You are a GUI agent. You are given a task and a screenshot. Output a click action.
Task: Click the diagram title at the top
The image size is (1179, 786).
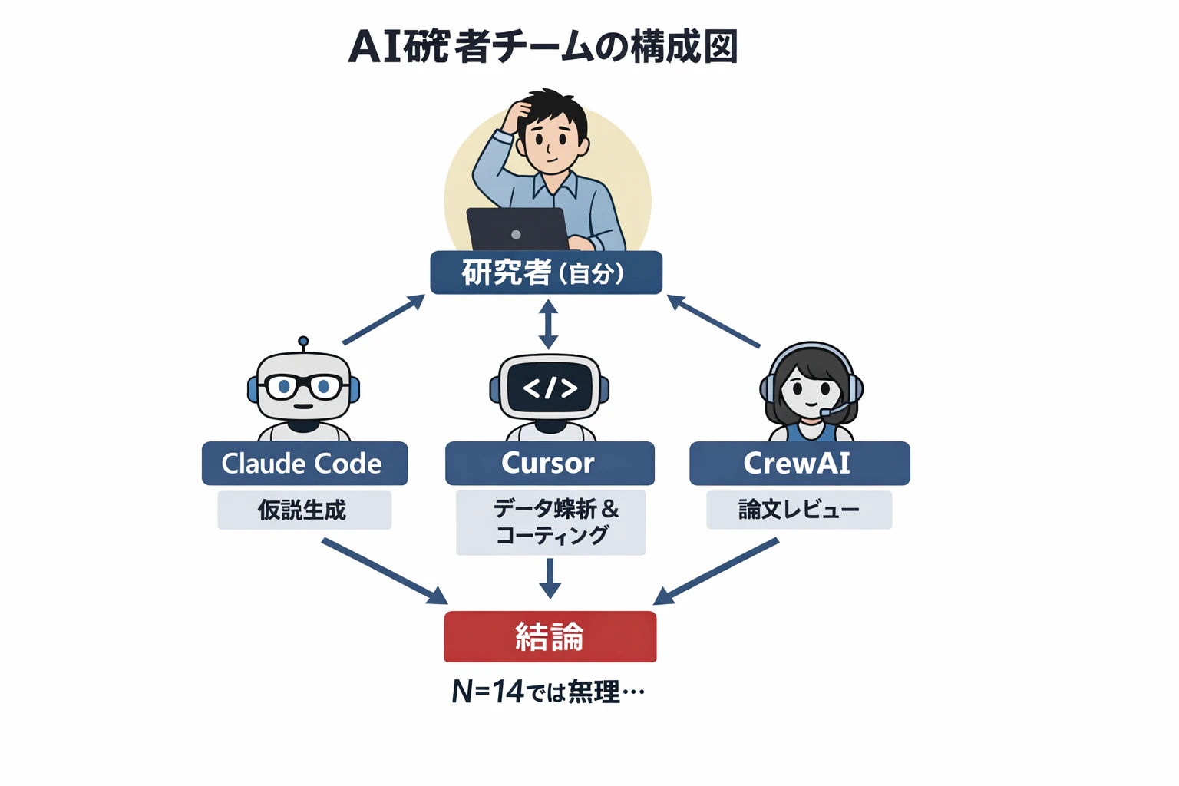pyautogui.click(x=543, y=47)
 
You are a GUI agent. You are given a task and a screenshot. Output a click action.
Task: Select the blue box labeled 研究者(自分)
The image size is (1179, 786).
pyautogui.click(x=546, y=272)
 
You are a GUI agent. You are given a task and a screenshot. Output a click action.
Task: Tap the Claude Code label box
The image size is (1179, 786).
pyautogui.click(x=304, y=464)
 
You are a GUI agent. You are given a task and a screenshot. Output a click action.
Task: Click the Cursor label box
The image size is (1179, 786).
pyautogui.click(x=550, y=464)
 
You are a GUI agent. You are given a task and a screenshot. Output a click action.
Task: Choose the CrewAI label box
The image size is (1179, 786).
pyautogui.click(x=799, y=464)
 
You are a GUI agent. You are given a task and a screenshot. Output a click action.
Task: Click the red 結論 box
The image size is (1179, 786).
pyautogui.click(x=550, y=636)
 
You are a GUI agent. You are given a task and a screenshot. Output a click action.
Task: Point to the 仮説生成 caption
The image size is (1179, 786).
pyautogui.click(x=304, y=510)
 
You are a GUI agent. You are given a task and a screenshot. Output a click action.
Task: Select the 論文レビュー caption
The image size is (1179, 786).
pyautogui.click(x=799, y=510)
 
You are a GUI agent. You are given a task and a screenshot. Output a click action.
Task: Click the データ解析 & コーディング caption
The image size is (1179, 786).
pyautogui.click(x=550, y=522)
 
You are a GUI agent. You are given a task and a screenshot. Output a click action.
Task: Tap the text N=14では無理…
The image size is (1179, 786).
pyautogui.click(x=548, y=692)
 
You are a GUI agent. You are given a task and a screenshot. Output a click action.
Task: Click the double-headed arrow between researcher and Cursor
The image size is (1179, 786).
pyautogui.click(x=548, y=324)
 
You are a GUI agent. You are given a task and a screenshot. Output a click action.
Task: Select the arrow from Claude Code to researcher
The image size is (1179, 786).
pyautogui.click(x=383, y=320)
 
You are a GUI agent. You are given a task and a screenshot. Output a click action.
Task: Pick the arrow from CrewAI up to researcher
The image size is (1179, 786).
pyautogui.click(x=714, y=322)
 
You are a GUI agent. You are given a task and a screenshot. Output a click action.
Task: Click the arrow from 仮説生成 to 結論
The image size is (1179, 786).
pyautogui.click(x=384, y=570)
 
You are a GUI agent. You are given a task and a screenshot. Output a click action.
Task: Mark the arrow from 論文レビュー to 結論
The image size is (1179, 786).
pyautogui.click(x=716, y=571)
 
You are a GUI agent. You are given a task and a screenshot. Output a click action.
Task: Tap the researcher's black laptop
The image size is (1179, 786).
pyautogui.click(x=517, y=229)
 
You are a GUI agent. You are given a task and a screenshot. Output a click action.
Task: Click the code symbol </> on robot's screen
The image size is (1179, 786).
pyautogui.click(x=550, y=388)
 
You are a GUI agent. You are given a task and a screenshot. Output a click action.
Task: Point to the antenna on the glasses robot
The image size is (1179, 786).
pyautogui.click(x=303, y=342)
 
